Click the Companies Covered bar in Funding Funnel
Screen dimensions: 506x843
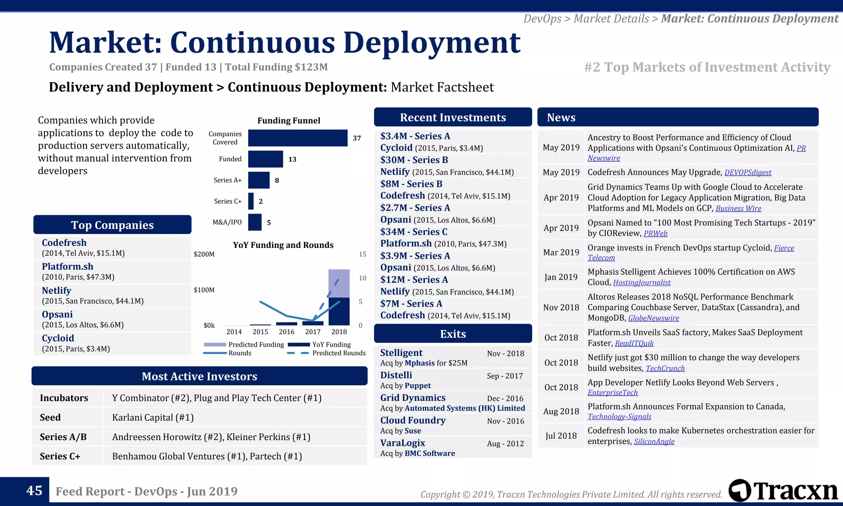[x=298, y=138]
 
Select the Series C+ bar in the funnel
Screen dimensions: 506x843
[x=251, y=201]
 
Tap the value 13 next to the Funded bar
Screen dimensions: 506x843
[x=292, y=159]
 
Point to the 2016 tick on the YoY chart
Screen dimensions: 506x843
[x=286, y=332]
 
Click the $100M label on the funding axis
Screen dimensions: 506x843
[x=204, y=290]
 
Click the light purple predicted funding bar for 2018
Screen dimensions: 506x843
[x=339, y=283]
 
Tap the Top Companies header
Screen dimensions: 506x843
[x=112, y=225]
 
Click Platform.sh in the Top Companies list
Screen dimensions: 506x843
[x=68, y=266]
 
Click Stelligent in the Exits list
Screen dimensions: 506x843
[x=401, y=353]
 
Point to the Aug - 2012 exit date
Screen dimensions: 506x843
[x=505, y=443]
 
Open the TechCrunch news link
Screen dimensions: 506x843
[x=665, y=368]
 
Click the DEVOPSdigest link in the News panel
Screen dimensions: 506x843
[x=748, y=173]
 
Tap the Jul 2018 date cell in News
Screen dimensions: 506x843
[x=561, y=436]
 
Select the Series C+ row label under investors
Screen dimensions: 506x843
[x=60, y=456]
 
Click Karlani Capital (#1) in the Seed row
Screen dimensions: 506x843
[x=153, y=417]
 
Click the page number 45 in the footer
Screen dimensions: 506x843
[x=34, y=491]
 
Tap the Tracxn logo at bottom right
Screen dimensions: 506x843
[x=783, y=491]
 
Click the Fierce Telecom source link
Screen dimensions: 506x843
[x=784, y=248]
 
